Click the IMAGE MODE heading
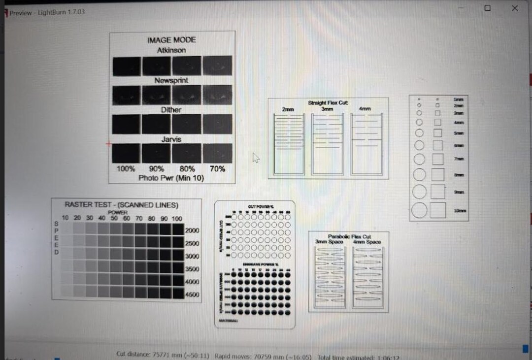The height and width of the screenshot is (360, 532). tap(171, 40)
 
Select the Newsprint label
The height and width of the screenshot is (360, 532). tap(171, 80)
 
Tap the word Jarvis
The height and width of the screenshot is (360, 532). tap(171, 139)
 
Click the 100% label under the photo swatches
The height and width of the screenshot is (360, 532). tap(126, 168)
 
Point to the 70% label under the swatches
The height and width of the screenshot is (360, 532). tap(217, 168)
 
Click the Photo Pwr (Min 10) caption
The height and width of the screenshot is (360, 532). tap(171, 178)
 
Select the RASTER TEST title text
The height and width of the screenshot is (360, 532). tap(122, 205)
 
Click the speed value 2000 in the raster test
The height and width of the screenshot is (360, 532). tap(192, 230)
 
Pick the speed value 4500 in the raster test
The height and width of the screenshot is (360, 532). tap(192, 295)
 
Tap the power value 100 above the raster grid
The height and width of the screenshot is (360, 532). tap(177, 218)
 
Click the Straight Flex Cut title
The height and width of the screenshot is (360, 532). tap(328, 102)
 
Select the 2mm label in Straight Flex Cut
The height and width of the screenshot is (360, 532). tap(288, 109)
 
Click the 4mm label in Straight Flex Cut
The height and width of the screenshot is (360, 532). tap(365, 109)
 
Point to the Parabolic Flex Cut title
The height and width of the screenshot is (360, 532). tap(350, 236)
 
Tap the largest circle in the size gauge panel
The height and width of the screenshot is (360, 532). tap(419, 210)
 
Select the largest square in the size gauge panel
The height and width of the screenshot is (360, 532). tap(438, 210)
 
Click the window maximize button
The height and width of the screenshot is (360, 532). tap(487, 8)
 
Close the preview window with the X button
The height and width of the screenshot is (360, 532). tap(515, 8)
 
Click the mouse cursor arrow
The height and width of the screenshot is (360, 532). tap(256, 158)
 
